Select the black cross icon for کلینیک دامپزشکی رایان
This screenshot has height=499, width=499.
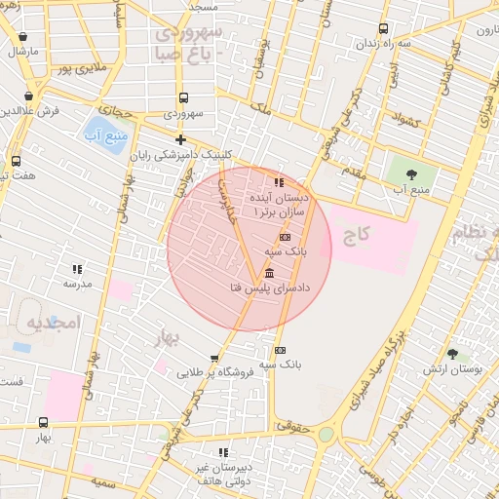tap(180, 140)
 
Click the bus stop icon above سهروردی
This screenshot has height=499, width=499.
tap(183, 97)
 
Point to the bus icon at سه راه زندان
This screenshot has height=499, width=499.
tap(383, 29)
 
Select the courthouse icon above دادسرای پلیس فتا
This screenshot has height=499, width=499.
tap(269, 272)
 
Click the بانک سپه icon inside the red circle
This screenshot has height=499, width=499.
tap(285, 237)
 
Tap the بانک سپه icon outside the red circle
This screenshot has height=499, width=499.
tap(280, 350)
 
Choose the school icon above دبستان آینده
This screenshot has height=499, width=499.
tap(279, 182)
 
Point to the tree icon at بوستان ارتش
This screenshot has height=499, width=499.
tap(452, 355)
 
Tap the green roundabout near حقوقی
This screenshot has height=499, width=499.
tap(326, 434)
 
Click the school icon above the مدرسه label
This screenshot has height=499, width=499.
tap(76, 269)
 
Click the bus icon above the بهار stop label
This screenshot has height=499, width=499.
tap(43, 423)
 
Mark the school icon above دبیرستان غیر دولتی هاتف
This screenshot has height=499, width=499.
tap(223, 452)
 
